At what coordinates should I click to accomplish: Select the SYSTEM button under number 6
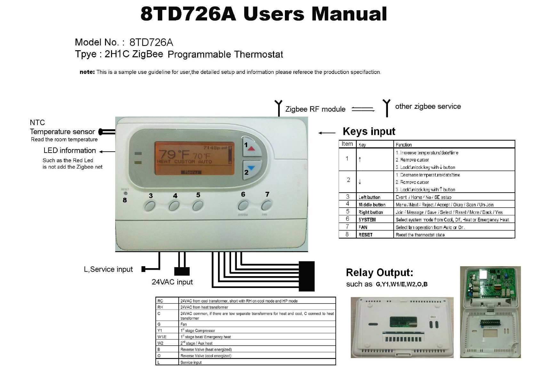click(243, 205)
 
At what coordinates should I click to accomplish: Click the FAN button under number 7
click(266, 205)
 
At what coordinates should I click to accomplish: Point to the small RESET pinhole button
click(125, 194)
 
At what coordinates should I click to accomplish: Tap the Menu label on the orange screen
click(191, 172)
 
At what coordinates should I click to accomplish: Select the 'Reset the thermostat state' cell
click(420, 235)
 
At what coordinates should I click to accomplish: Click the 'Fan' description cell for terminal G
click(184, 324)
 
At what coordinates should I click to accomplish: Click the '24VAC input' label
click(172, 282)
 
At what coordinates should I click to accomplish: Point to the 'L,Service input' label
click(108, 269)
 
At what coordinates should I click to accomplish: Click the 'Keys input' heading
click(369, 132)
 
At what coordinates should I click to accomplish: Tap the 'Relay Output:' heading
click(380, 273)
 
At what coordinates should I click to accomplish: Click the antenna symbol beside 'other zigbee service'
click(387, 108)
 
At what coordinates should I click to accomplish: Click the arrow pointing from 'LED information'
click(107, 152)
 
